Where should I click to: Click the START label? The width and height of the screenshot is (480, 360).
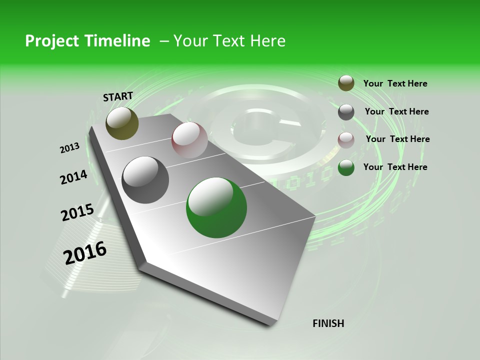pos(118,96)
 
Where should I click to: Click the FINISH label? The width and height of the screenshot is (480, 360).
pos(328,323)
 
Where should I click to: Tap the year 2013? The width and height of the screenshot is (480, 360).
pos(69,147)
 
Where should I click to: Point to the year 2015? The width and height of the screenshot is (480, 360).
pos(77,212)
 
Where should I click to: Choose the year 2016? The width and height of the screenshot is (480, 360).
pos(85,252)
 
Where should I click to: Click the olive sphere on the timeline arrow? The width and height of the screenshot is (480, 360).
pos(122,123)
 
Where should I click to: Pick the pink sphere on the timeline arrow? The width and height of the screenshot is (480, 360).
pos(189,140)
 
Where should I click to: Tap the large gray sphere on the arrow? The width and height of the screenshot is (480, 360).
pos(145,180)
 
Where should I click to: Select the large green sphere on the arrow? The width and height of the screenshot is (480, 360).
pos(216,207)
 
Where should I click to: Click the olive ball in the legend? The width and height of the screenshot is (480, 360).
pos(346,83)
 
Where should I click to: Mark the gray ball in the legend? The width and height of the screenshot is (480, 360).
pos(346,112)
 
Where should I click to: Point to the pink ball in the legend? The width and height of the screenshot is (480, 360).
pos(346,140)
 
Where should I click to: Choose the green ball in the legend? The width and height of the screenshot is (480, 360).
pos(346,167)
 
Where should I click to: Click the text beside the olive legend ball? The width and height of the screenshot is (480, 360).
pos(395,83)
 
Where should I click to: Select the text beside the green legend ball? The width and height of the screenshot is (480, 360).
pos(395,167)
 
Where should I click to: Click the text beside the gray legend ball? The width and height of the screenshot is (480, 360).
pos(396,111)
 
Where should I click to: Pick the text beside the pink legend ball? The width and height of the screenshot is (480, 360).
pos(397,139)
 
